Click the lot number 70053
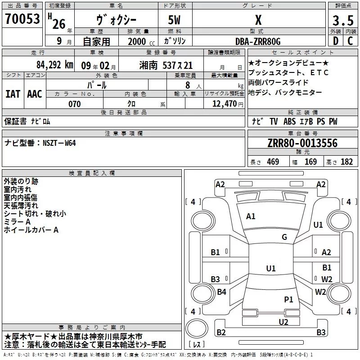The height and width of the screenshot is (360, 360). point(22,18)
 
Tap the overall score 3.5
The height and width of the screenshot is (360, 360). point(343,20)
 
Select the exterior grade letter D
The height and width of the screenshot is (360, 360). point(336,41)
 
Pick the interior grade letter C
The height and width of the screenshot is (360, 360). point(350,41)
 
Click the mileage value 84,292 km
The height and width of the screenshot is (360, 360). point(55,65)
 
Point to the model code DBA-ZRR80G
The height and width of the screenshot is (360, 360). point(258,41)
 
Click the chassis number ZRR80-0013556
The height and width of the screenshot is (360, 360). point(302,143)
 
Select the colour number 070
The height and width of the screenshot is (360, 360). point(75,104)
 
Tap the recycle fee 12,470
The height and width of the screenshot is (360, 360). point(225,104)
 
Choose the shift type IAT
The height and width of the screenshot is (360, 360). point(13,94)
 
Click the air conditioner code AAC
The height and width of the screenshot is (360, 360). point(35,94)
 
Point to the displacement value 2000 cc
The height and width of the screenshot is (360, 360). point(141,41)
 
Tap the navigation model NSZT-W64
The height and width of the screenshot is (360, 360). point(59,143)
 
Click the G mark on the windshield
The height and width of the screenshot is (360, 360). point(284,237)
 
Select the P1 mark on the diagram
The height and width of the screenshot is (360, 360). point(288,299)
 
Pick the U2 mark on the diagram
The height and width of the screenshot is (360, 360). point(283,322)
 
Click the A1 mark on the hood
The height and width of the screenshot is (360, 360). point(251,216)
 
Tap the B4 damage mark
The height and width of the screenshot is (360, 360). point(221,292)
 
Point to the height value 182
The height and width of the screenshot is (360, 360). point(346,162)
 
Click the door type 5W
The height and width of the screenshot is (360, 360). point(174,20)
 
